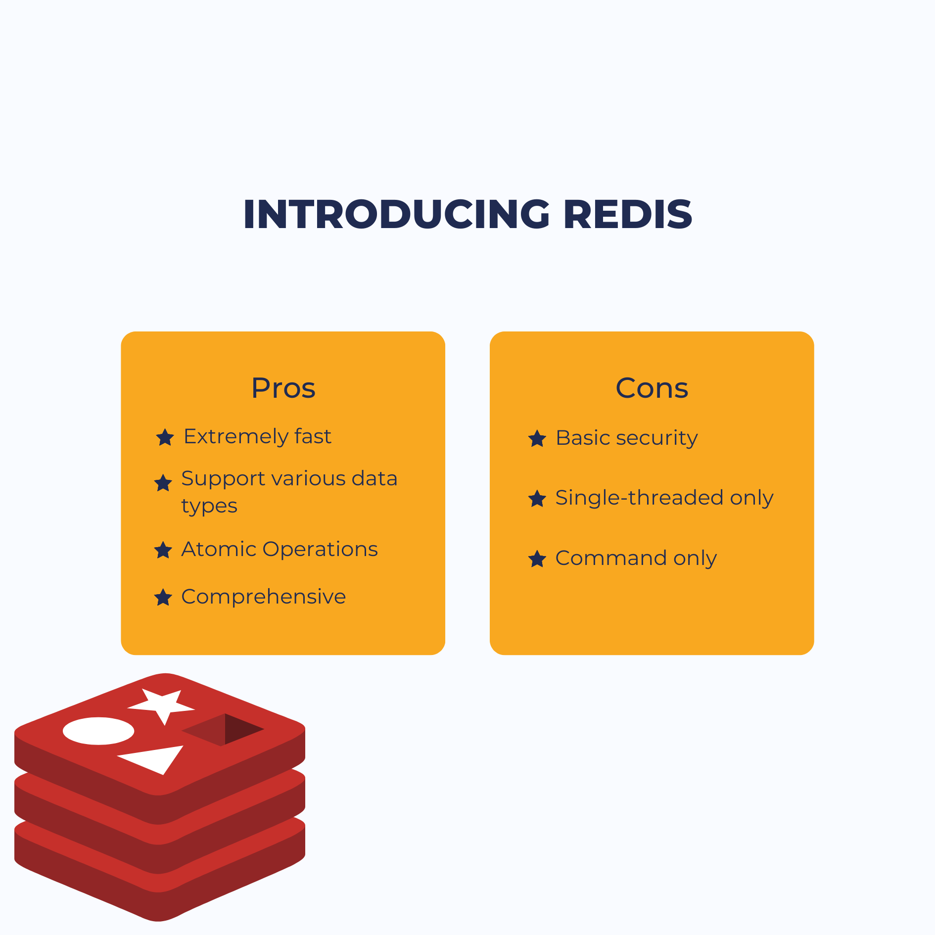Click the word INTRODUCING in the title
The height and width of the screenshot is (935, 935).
(x=396, y=215)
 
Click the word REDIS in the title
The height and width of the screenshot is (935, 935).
(x=628, y=215)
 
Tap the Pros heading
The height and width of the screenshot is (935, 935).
(x=283, y=388)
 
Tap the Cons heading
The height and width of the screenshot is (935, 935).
(x=652, y=388)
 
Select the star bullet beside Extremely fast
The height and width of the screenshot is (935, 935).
(x=165, y=437)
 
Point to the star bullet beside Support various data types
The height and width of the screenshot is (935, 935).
(x=163, y=483)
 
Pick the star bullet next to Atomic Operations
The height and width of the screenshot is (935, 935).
(x=163, y=550)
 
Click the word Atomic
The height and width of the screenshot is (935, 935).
(x=219, y=549)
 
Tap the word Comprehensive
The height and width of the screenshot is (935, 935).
(x=264, y=597)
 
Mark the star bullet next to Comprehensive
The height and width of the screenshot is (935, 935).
(x=163, y=597)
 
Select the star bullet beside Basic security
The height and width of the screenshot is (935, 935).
(x=537, y=438)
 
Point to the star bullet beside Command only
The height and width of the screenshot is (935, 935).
(x=537, y=559)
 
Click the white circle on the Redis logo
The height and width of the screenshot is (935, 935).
(x=98, y=731)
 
